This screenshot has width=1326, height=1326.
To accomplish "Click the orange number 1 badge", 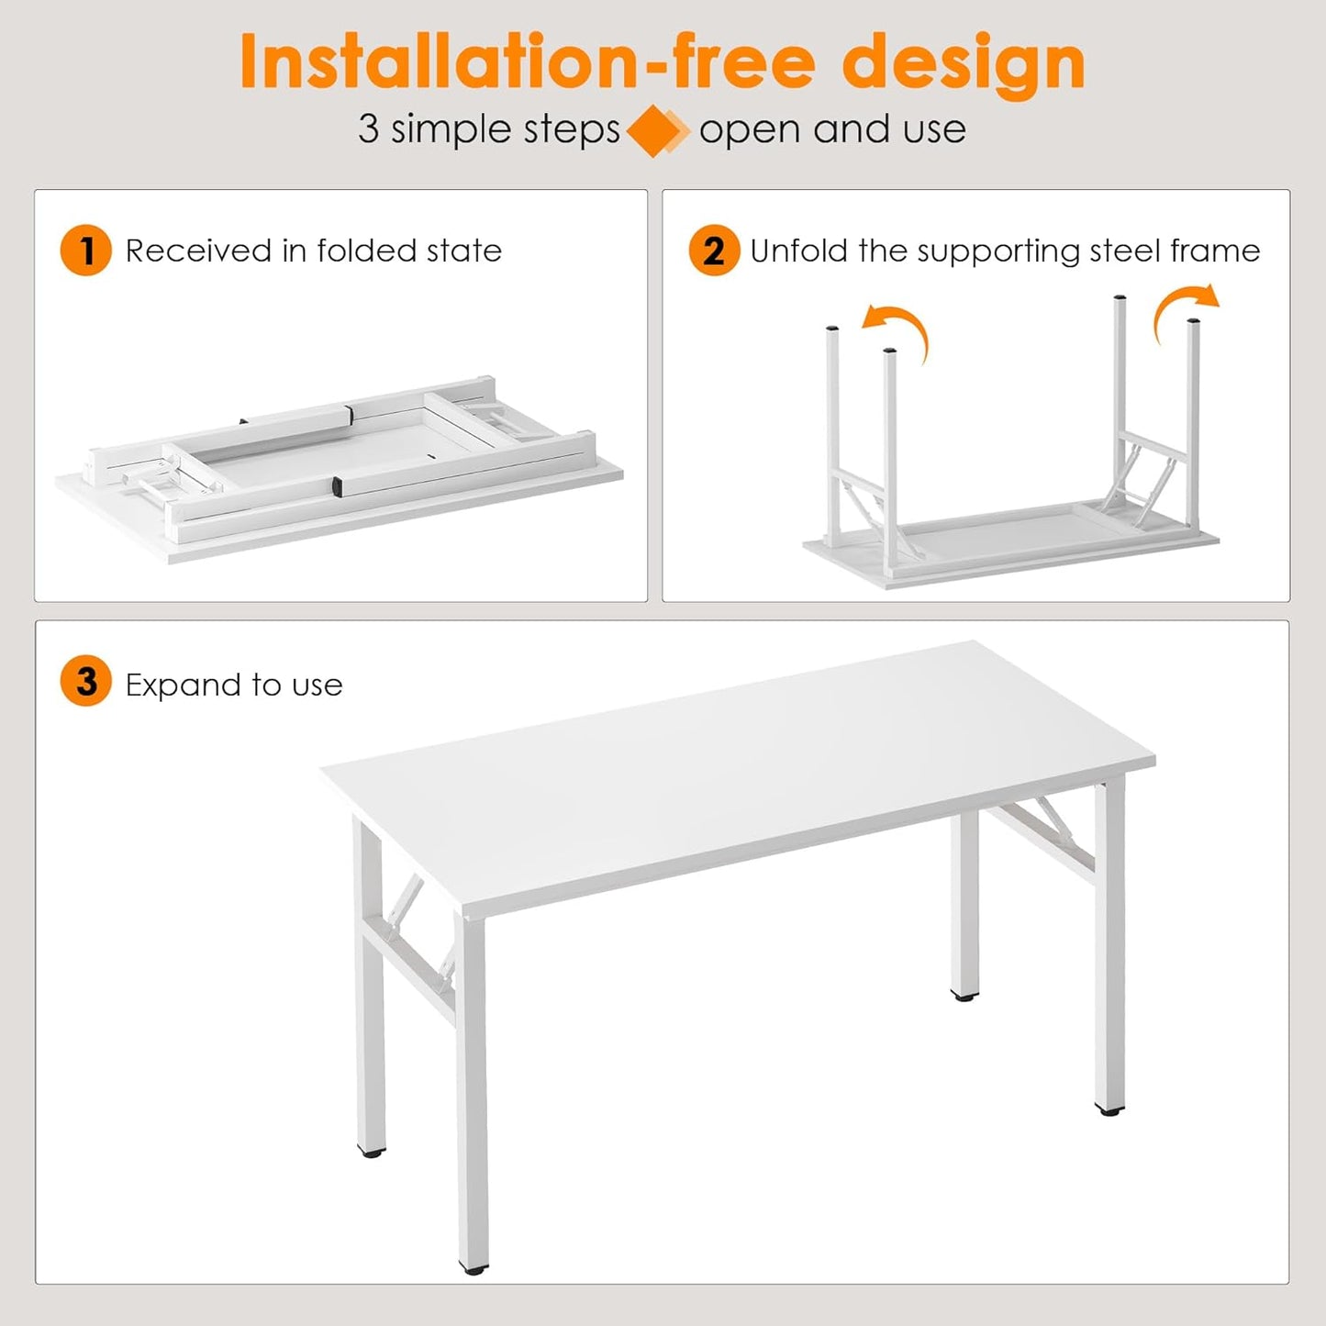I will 85,251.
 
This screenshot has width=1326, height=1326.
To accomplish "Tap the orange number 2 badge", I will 713,251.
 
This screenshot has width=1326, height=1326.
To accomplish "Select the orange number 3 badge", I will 85,682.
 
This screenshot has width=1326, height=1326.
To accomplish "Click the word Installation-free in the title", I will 527,62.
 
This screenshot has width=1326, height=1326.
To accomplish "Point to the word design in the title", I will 964,62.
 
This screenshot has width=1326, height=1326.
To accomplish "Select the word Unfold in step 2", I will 798,251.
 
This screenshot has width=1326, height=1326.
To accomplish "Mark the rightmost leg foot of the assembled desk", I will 1109,1110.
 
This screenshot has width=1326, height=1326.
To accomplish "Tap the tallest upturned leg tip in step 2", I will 1120,299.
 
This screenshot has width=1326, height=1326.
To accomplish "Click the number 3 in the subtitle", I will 368,129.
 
